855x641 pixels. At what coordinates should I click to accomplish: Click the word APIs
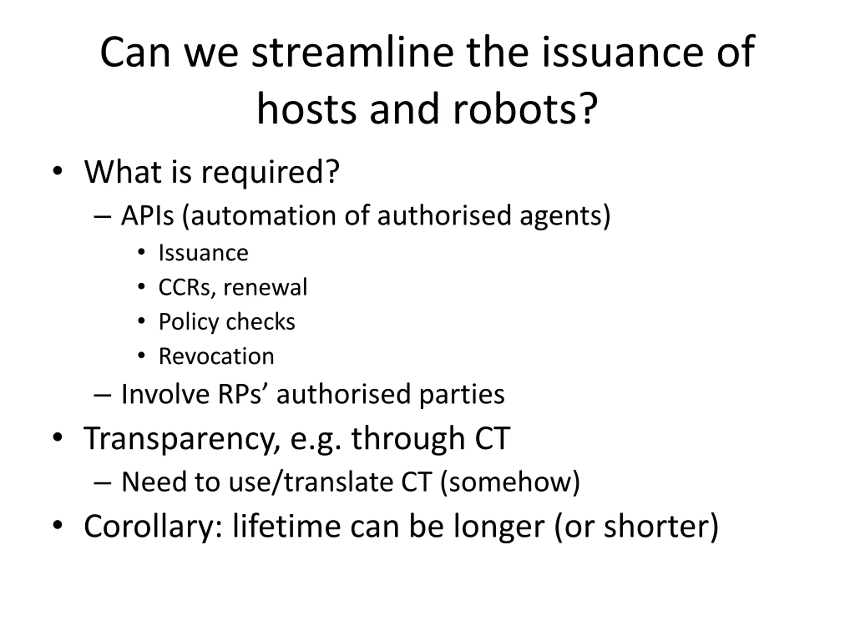click(147, 216)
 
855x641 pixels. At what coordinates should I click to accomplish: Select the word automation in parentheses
click(263, 216)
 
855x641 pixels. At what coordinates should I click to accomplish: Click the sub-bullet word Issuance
click(203, 253)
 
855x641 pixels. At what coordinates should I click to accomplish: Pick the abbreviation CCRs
click(184, 288)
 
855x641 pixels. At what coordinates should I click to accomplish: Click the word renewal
click(265, 287)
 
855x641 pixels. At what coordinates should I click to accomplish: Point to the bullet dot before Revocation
click(142, 355)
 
